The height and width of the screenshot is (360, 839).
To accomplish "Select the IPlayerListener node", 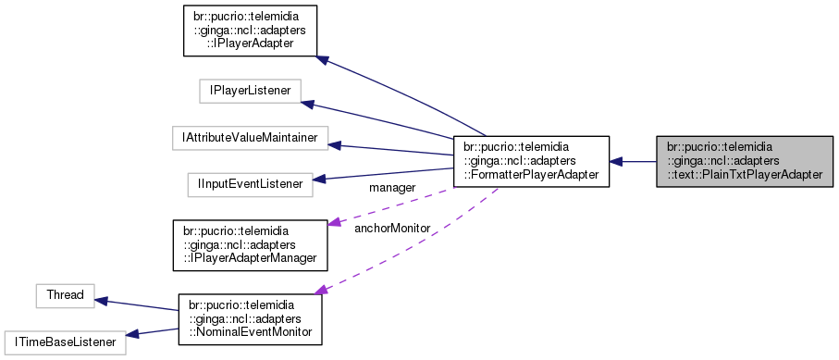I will [x=250, y=91].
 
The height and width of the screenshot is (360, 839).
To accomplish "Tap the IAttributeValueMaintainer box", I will [x=250, y=138].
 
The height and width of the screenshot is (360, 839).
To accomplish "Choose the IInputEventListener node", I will [x=249, y=184].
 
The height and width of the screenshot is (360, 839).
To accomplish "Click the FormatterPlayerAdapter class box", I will [x=530, y=162].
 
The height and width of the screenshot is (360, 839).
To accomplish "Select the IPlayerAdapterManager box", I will [x=250, y=243].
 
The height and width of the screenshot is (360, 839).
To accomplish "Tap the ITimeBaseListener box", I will [x=64, y=342].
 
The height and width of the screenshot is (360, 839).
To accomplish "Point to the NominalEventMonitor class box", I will [x=250, y=320].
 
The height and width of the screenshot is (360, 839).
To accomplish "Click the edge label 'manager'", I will [x=391, y=188].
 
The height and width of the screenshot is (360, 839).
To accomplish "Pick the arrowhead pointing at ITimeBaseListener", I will [x=130, y=335].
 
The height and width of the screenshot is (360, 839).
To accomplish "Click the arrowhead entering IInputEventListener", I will [x=319, y=179].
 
